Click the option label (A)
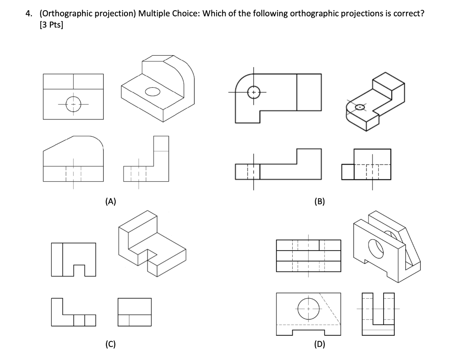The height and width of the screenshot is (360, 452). click(x=111, y=202)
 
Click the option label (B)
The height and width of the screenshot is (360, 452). click(x=319, y=202)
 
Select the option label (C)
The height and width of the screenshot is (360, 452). click(x=111, y=344)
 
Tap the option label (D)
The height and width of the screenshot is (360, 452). click(x=319, y=344)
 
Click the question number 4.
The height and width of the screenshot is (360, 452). click(x=28, y=13)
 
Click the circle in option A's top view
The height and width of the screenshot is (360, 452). click(x=73, y=104)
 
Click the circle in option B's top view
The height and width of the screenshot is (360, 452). click(x=254, y=93)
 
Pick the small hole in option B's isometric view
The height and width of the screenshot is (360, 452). click(x=361, y=107)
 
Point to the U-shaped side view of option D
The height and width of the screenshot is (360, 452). click(x=377, y=314)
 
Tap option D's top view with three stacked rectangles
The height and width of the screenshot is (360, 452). click(x=309, y=255)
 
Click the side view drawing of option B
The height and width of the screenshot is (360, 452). click(x=367, y=165)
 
